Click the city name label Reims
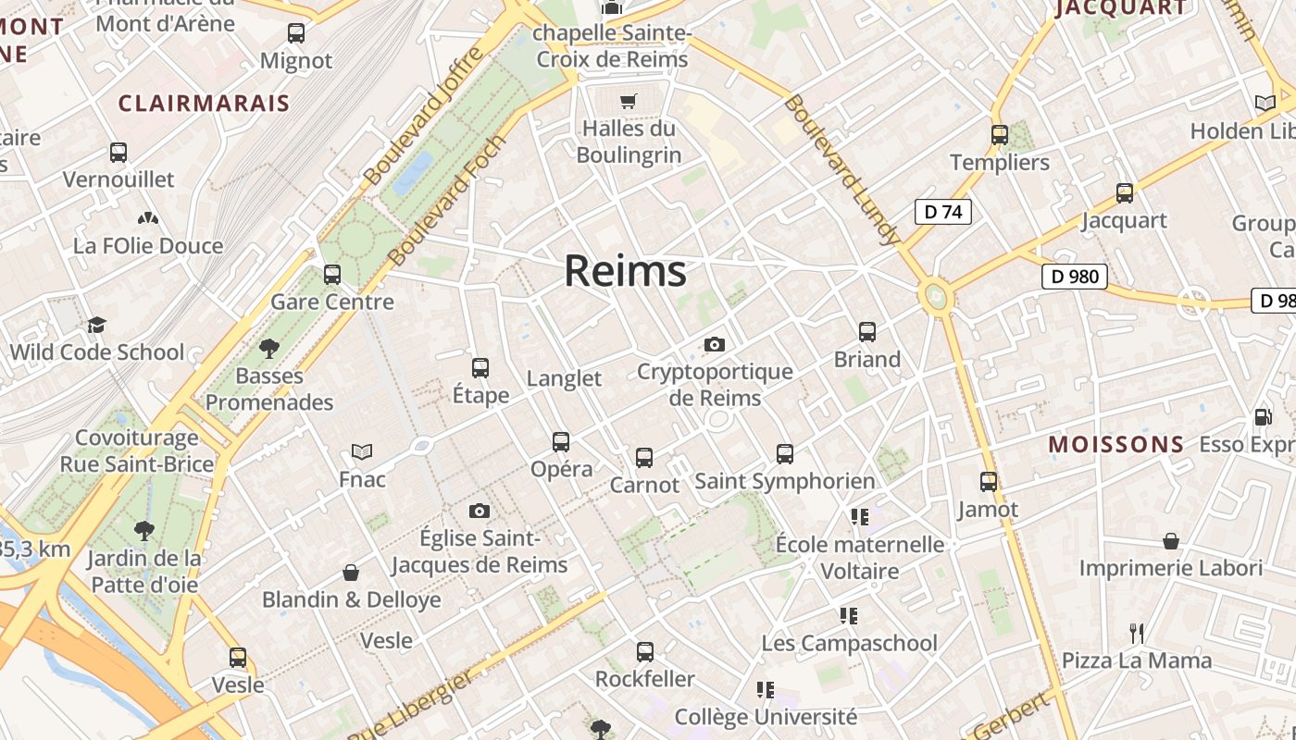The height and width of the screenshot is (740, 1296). [x=625, y=271]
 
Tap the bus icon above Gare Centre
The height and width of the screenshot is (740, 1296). [x=331, y=275]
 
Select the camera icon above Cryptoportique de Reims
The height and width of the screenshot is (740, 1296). [x=714, y=345]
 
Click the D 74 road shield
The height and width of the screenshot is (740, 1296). [x=943, y=212]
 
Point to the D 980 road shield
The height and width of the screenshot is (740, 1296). [x=1074, y=277]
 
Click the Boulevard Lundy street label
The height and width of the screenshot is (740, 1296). [x=841, y=169]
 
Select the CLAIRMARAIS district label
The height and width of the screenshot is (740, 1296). [x=204, y=103]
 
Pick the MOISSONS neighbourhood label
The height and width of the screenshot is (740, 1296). [x=1115, y=444]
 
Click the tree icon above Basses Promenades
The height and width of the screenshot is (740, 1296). [x=268, y=349]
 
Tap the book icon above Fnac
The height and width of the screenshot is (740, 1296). [x=361, y=451]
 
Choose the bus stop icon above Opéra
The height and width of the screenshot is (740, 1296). [x=560, y=442]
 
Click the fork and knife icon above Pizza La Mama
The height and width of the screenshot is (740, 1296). [x=1136, y=634]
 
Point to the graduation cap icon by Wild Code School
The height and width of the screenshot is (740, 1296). [x=96, y=325]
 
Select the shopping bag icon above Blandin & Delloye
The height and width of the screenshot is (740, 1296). [x=351, y=573]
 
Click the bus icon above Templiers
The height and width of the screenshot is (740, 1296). [x=999, y=135]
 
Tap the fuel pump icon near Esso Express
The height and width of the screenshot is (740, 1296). [x=1263, y=417]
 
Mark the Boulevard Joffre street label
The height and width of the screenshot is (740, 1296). [x=423, y=116]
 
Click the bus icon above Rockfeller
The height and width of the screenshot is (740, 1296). [x=644, y=652]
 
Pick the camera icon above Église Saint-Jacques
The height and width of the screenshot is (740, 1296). [x=479, y=512]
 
